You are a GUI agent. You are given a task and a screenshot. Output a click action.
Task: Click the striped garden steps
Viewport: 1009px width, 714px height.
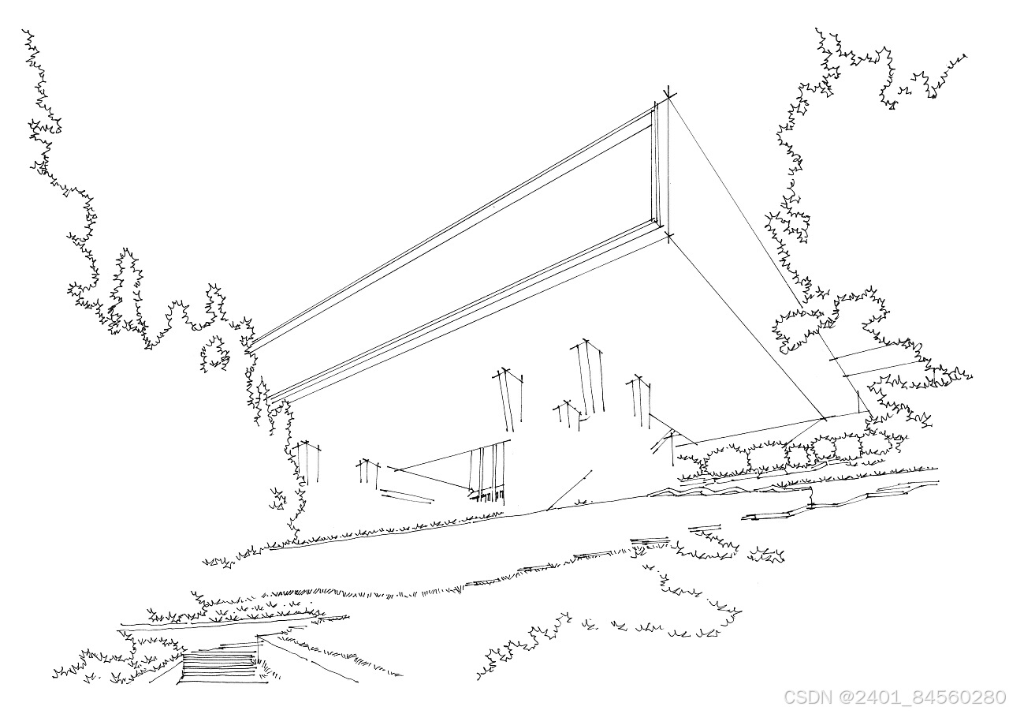click(x=218, y=667)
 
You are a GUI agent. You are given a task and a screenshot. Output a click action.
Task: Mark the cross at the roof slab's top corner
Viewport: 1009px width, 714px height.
click(x=669, y=96)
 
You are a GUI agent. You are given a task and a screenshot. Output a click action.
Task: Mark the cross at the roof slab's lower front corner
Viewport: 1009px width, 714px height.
click(x=669, y=235)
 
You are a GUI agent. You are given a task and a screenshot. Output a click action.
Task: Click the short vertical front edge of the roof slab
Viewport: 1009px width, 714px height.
click(x=656, y=166)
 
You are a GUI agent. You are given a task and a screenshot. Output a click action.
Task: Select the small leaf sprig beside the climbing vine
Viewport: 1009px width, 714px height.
click(x=277, y=499)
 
